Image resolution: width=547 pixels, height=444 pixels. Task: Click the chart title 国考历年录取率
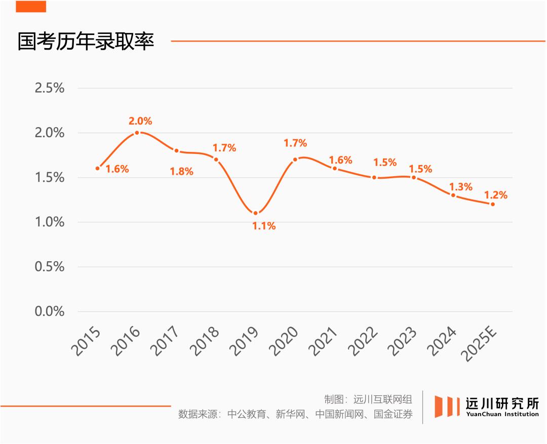86,42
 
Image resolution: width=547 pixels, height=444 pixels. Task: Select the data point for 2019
256,213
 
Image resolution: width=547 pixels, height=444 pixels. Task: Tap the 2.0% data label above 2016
140,121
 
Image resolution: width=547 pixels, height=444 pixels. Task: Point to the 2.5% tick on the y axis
50,88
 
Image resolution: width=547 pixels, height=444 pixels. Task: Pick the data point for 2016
137,133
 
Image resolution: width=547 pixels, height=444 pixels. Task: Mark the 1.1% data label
264,226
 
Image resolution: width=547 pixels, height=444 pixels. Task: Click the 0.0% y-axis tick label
50,311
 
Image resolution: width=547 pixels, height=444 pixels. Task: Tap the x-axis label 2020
287,342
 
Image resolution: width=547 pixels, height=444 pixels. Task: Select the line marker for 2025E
492,204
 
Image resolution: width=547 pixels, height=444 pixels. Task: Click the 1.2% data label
495,195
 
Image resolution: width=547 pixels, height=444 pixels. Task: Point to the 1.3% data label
460,187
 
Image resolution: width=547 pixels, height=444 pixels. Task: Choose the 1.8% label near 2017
181,172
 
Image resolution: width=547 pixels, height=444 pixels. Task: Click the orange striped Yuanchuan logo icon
446,407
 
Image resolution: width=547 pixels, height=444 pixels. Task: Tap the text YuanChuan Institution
502,414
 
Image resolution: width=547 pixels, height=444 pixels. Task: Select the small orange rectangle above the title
31,7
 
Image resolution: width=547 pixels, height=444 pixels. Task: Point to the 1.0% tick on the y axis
50,222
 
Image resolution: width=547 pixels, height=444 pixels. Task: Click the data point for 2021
335,169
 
